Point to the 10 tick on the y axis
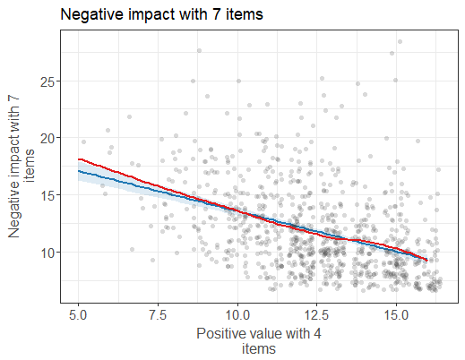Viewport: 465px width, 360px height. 50,253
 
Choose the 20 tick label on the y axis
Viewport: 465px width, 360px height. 50,138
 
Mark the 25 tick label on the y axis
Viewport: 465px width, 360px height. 50,81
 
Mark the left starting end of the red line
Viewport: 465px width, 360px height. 80,159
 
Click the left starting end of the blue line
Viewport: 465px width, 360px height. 80,170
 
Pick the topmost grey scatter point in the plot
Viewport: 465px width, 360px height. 400,41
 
